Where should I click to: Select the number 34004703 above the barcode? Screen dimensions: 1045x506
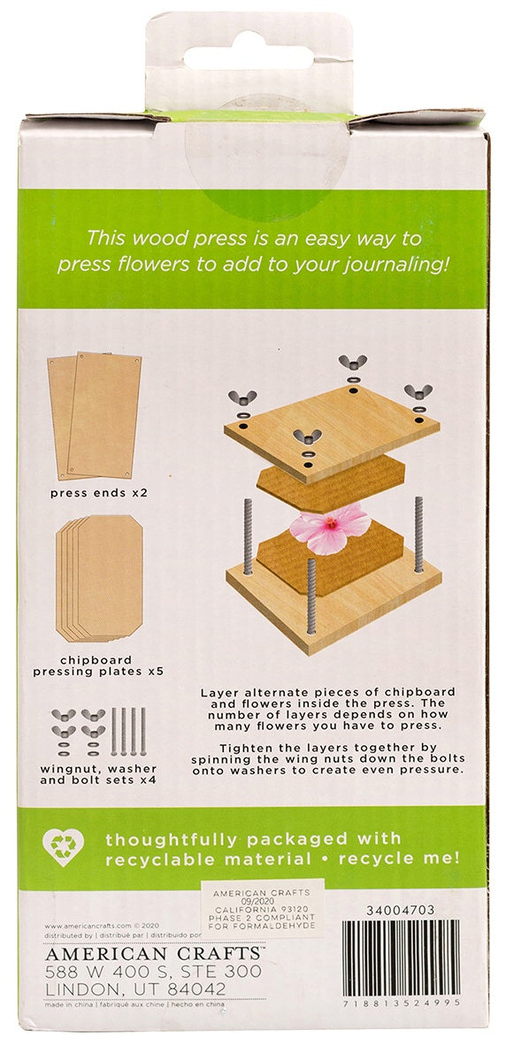point(400,910)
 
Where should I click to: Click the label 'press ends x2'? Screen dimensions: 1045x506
point(97,491)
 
